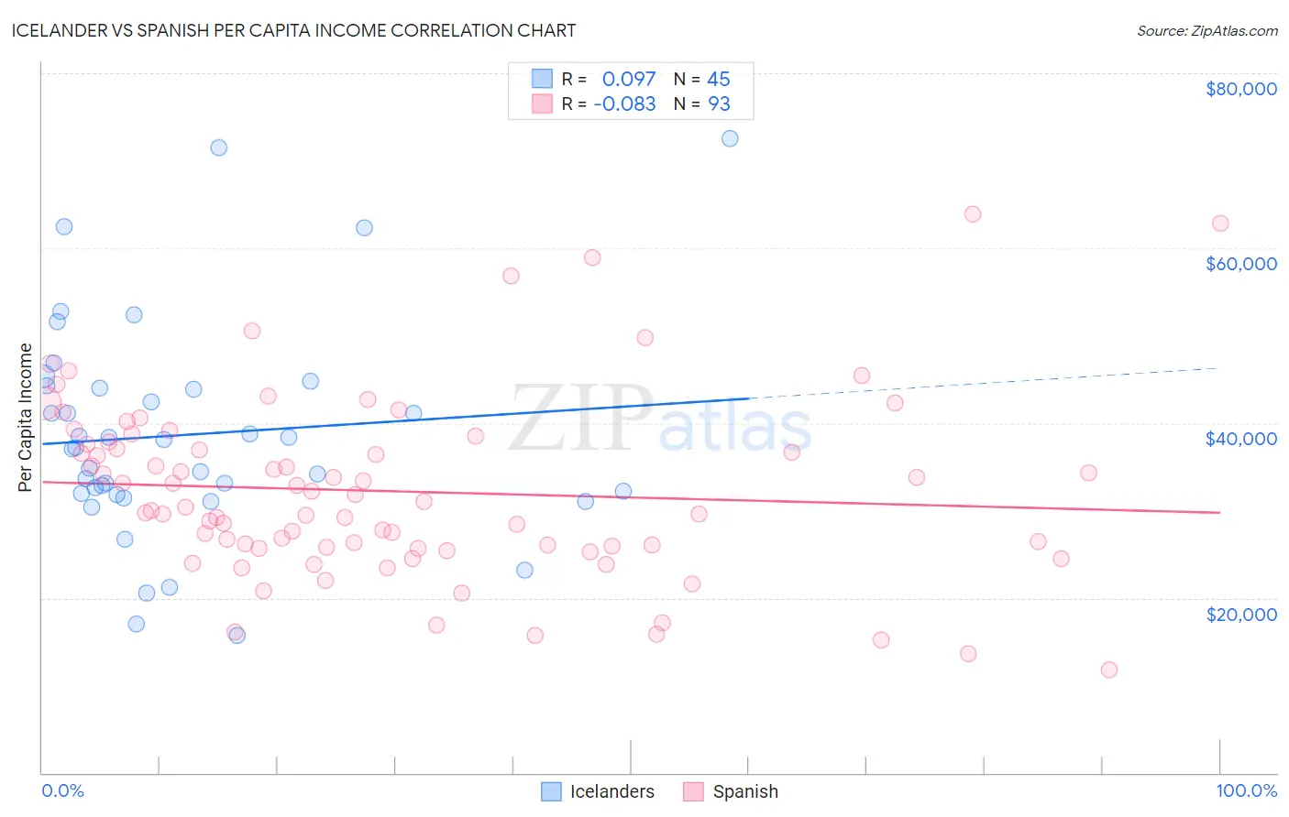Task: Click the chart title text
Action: (x=294, y=30)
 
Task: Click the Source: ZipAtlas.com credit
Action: (x=1206, y=30)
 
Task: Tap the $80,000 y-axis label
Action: (x=1240, y=89)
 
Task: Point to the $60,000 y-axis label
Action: (x=1240, y=264)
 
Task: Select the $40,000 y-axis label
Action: (x=1240, y=439)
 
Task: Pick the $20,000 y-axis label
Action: (x=1240, y=614)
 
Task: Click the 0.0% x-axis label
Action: (x=62, y=790)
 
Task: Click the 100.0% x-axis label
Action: (x=1246, y=790)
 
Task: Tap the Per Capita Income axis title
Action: (x=26, y=417)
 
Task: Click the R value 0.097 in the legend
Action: (x=629, y=80)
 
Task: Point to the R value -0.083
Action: (x=624, y=104)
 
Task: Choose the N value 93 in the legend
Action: (x=719, y=104)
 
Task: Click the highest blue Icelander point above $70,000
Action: (x=730, y=138)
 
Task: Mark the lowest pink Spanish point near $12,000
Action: (x=1108, y=670)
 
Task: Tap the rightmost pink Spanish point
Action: (x=1219, y=223)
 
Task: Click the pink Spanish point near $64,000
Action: (x=973, y=214)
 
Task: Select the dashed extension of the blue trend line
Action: (x=981, y=383)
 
